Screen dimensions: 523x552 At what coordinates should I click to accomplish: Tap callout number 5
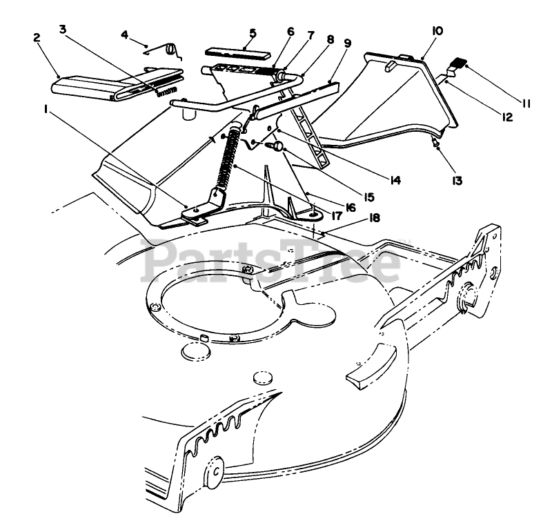tap(253, 32)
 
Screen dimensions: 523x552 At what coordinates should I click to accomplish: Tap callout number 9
tap(346, 42)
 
